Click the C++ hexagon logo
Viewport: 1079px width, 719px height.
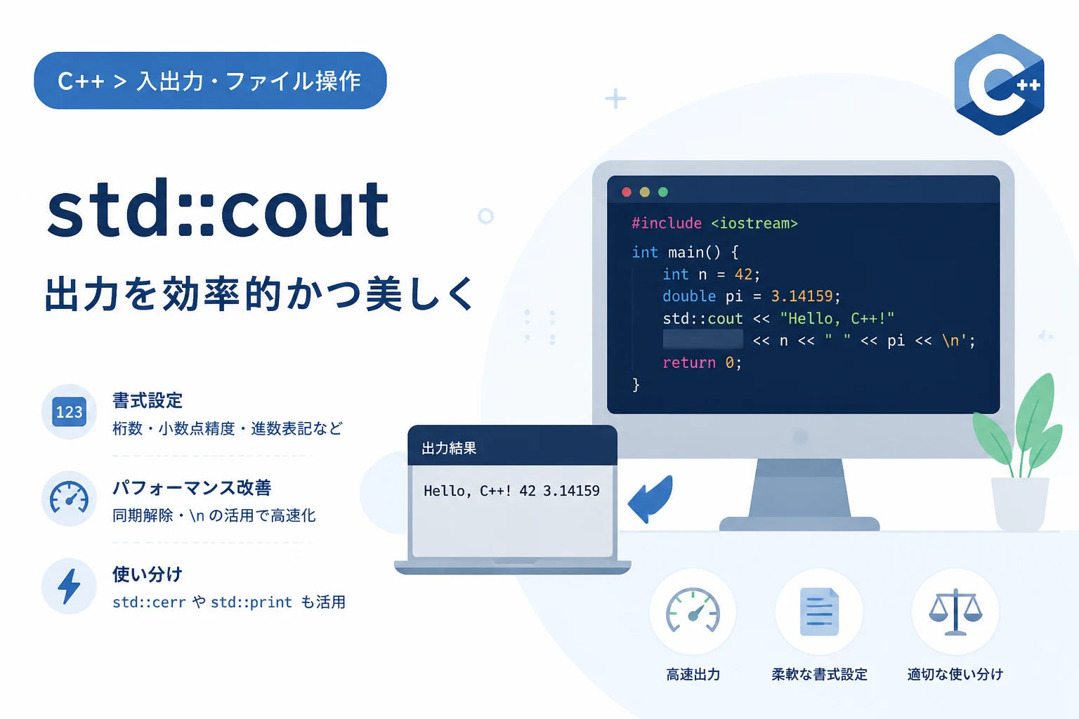pos(999,85)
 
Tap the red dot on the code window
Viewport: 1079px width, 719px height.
pos(626,192)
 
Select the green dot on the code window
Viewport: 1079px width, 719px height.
pos(663,192)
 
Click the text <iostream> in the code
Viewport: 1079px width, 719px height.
pos(754,223)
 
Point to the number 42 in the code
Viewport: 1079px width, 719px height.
pos(743,275)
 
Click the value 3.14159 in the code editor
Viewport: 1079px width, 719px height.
pos(802,296)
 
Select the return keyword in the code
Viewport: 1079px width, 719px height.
pos(689,362)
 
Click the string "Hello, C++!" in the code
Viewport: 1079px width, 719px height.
pos(837,318)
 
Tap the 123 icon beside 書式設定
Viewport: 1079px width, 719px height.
pos(69,411)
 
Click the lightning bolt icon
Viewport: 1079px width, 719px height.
pos(69,586)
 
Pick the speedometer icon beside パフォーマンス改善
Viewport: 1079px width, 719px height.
pos(69,498)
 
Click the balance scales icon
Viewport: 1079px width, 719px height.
pos(955,612)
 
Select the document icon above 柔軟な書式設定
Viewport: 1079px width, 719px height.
pos(819,612)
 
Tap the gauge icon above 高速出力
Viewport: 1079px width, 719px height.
pos(693,611)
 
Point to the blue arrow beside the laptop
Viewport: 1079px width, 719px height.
pos(650,499)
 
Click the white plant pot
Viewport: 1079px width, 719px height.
pos(1020,503)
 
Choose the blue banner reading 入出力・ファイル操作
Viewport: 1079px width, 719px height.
pos(210,81)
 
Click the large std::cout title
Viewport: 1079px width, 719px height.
pos(218,209)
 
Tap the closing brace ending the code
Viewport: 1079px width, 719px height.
pos(636,385)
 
